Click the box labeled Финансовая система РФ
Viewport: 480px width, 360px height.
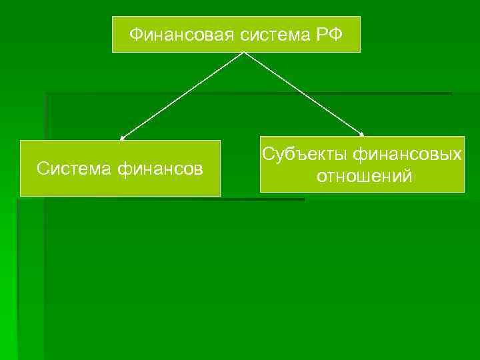[x=236, y=35]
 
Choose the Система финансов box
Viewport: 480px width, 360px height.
[x=120, y=168]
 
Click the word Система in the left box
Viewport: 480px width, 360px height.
[x=74, y=169]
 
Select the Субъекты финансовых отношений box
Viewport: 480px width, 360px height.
[x=362, y=165]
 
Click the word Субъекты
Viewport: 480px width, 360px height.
[x=304, y=155]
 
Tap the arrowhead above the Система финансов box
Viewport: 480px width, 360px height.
[x=122, y=138]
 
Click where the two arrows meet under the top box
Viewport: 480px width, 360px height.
[x=243, y=53]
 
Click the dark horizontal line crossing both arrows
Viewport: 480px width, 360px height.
[x=247, y=93]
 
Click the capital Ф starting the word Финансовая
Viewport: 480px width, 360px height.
[x=134, y=34]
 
